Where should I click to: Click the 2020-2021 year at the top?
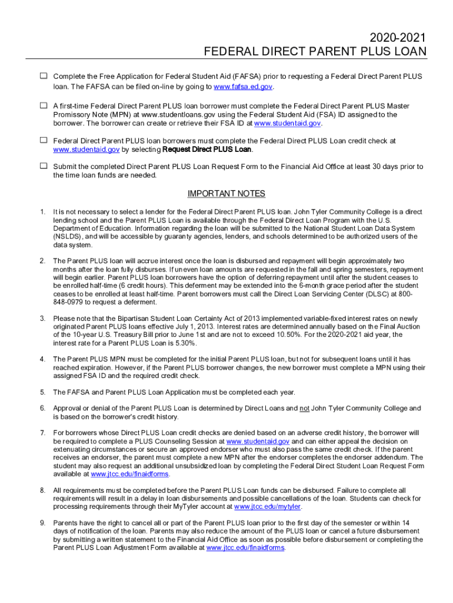[x=398, y=38]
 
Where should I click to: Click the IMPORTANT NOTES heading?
[x=226, y=194]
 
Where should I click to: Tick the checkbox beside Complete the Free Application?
[x=44, y=77]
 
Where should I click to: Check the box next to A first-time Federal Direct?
[x=44, y=105]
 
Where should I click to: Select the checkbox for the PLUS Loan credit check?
[x=44, y=140]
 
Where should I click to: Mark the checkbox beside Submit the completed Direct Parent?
[x=44, y=166]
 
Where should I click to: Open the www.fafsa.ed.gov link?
[x=244, y=87]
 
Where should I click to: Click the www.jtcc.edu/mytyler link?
[x=268, y=507]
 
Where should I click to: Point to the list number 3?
[x=42, y=319]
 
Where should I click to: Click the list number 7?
[x=42, y=433]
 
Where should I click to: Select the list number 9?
[x=42, y=522]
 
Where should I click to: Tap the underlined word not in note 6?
[x=304, y=408]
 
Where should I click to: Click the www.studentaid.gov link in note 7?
[x=258, y=441]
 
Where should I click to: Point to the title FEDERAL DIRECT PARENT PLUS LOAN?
[x=315, y=52]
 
